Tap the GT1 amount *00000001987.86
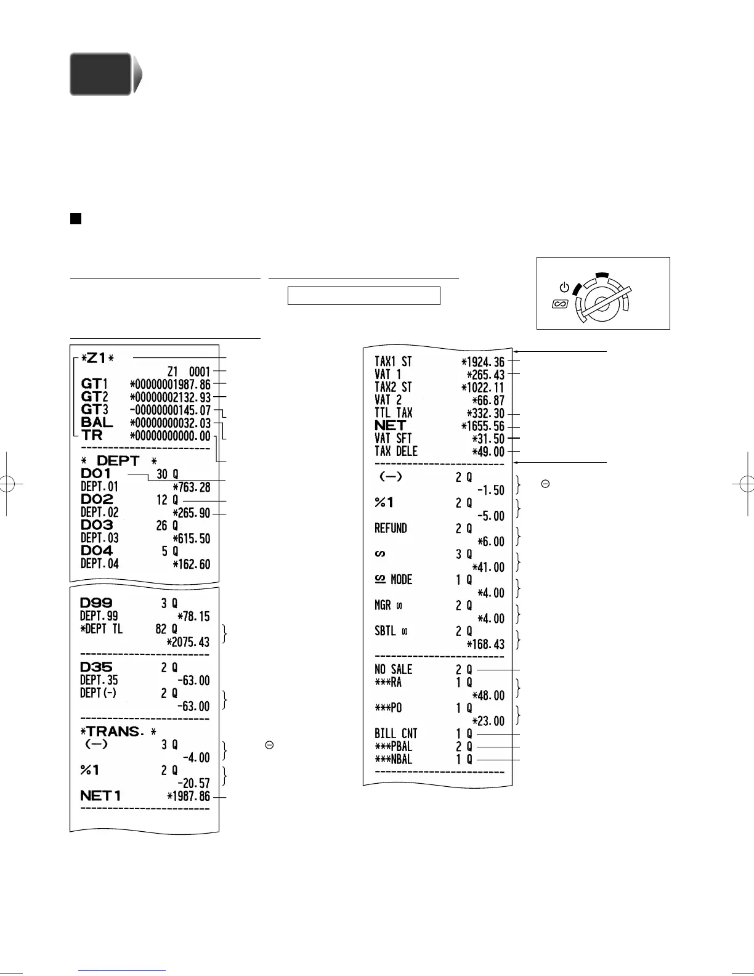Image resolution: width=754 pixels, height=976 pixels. pyautogui.click(x=170, y=384)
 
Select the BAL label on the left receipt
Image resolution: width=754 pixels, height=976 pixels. pyautogui.click(x=97, y=423)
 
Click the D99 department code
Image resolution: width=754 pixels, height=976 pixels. pyautogui.click(x=96, y=603)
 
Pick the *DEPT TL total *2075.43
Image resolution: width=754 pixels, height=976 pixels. pyautogui.click(x=188, y=642)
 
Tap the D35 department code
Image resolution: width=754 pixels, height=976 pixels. pyautogui.click(x=96, y=667)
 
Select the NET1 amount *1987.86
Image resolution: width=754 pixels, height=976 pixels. pyautogui.click(x=188, y=796)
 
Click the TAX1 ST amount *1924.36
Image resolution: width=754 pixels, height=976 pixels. pyautogui.click(x=482, y=362)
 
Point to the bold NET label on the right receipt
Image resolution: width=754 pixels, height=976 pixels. pyautogui.click(x=391, y=426)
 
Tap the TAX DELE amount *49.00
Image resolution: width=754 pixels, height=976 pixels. pyautogui.click(x=488, y=452)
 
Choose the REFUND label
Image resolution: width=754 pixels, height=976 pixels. pyautogui.click(x=391, y=529)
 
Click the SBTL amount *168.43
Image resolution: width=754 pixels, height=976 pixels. pyautogui.click(x=485, y=645)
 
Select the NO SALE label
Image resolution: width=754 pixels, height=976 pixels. pyautogui.click(x=393, y=670)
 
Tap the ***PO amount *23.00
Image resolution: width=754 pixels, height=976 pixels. pyautogui.click(x=488, y=721)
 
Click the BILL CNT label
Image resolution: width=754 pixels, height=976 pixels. pyautogui.click(x=395, y=734)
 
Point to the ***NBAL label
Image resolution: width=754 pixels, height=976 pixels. pyautogui.click(x=393, y=760)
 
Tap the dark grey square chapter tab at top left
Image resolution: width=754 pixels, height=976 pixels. pyautogui.click(x=100, y=74)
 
